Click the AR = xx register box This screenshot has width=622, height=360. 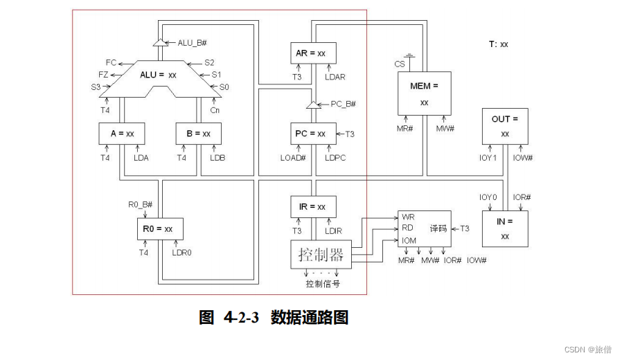(312, 53)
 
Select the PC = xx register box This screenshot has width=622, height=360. (312, 134)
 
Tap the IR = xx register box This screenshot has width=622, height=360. (312, 206)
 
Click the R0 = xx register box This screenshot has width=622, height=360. (159, 228)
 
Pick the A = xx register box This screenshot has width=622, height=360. (121, 134)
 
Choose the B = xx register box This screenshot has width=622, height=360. (198, 134)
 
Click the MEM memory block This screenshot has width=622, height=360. (424, 93)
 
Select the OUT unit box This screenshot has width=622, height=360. (505, 125)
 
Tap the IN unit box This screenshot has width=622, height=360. (505, 228)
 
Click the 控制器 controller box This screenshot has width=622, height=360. (321, 255)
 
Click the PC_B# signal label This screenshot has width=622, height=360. (343, 104)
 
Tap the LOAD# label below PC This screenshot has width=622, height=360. (293, 158)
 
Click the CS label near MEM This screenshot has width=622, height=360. (400, 64)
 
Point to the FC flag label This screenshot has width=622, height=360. (111, 62)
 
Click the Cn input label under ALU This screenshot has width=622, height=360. (215, 109)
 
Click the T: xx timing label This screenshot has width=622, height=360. (498, 44)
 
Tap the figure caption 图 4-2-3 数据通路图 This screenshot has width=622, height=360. (274, 318)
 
